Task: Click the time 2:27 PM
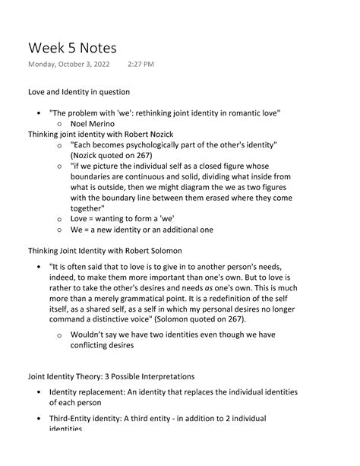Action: coord(141,65)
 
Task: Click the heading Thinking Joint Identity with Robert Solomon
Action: coord(105,251)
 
